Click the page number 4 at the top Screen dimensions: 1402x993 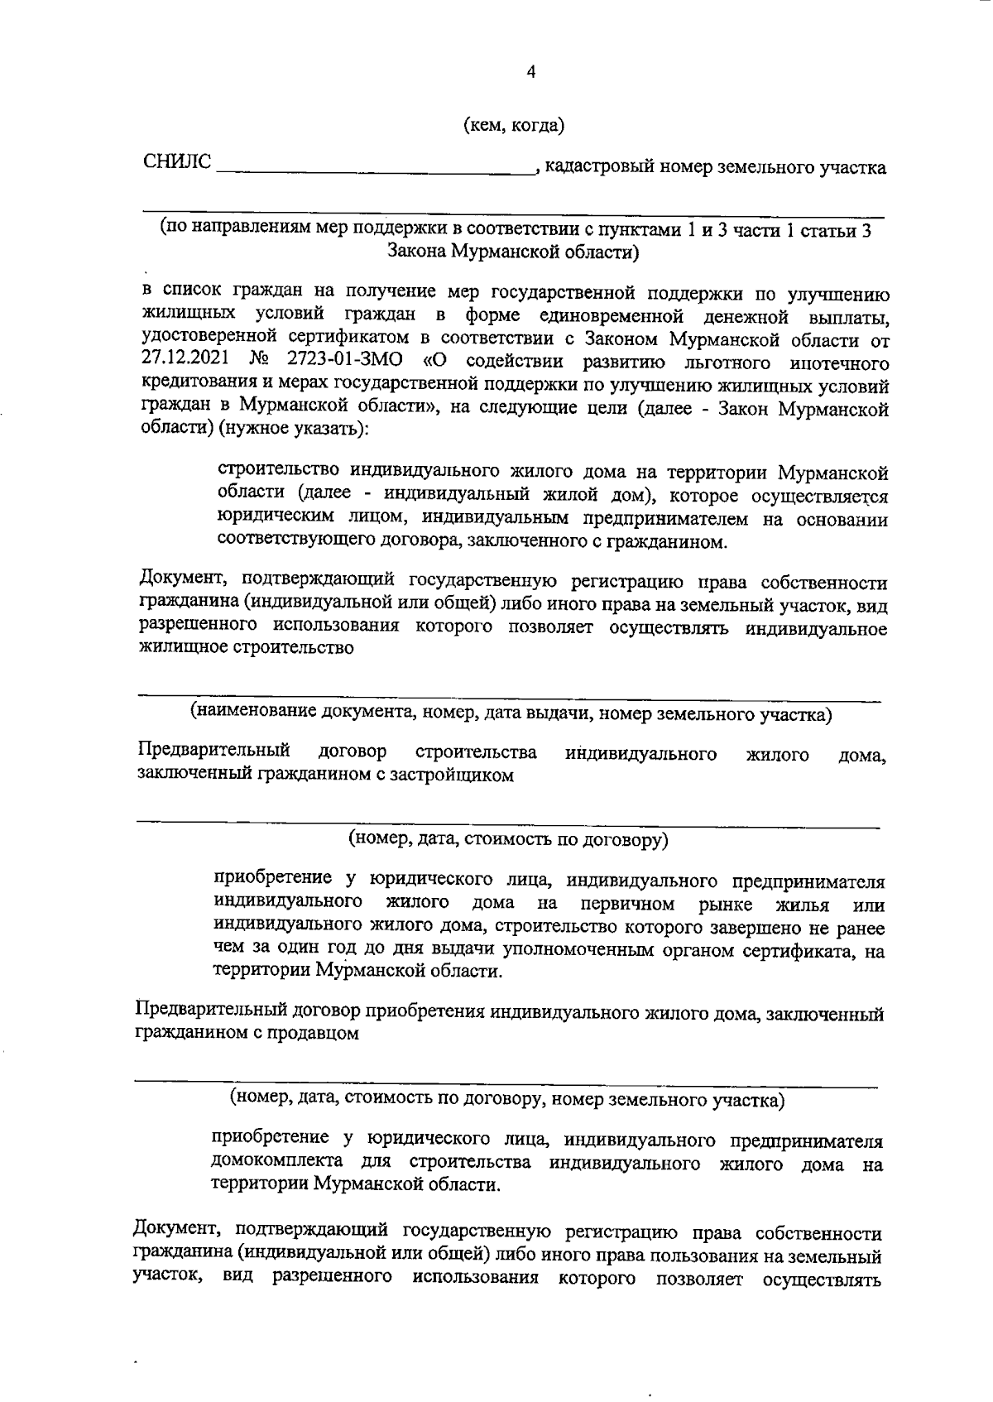(531, 72)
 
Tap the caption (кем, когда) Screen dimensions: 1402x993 (514, 125)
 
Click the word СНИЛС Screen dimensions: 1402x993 (177, 162)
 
